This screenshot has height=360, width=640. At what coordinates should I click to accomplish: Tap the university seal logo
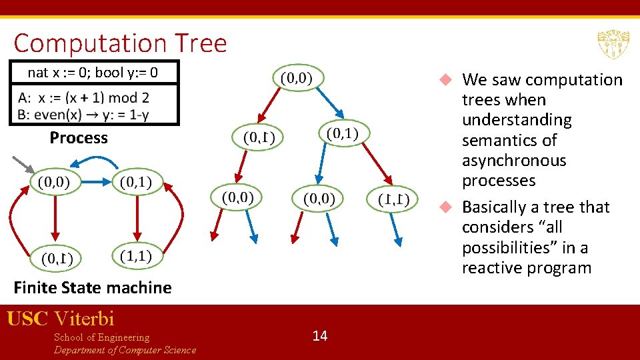(613, 45)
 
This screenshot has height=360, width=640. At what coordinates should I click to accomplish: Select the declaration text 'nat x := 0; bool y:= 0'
(93, 72)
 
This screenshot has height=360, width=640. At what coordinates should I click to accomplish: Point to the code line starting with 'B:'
(83, 114)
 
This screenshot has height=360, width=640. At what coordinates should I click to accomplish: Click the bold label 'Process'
(78, 138)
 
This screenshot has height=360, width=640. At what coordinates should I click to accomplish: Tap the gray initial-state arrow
(23, 165)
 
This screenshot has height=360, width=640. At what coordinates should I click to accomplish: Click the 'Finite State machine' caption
(93, 288)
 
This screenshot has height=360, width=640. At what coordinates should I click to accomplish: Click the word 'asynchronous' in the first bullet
(513, 161)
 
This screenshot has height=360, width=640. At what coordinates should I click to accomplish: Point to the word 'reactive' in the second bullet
(492, 268)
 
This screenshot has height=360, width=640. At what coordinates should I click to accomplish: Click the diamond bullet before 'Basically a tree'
(447, 207)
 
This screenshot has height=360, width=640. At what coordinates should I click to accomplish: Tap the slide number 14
(320, 335)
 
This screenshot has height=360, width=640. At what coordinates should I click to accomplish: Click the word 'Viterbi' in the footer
(85, 319)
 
